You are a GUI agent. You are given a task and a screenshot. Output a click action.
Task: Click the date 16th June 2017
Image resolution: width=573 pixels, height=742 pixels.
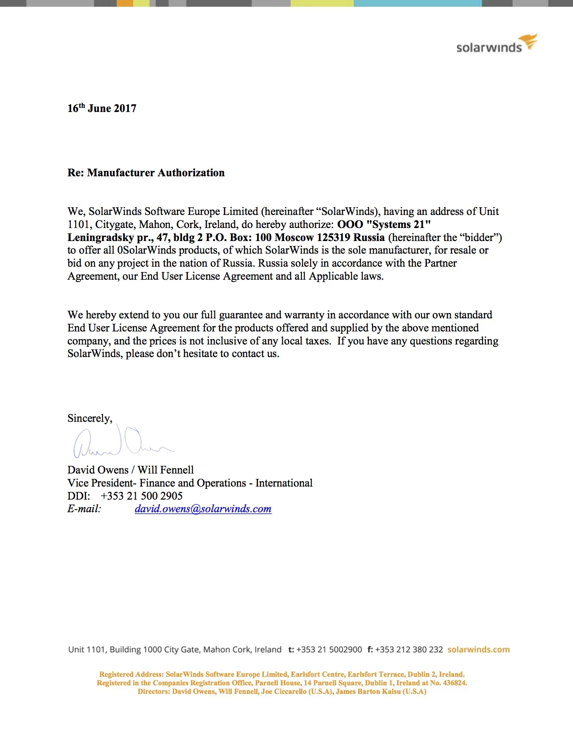pyautogui.click(x=102, y=108)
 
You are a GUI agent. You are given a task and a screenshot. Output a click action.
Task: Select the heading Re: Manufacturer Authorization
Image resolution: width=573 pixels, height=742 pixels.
pyautogui.click(x=146, y=173)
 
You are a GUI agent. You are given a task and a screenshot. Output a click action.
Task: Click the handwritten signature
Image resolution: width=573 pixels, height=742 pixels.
pyautogui.click(x=121, y=442)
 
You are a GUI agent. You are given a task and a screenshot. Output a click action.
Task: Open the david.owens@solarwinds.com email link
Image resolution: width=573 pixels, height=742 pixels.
pyautogui.click(x=203, y=509)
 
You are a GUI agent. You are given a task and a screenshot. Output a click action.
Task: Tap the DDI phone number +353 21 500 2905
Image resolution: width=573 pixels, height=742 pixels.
pyautogui.click(x=142, y=496)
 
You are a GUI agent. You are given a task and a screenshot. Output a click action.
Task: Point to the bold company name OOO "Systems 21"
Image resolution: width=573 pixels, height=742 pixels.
pyautogui.click(x=384, y=224)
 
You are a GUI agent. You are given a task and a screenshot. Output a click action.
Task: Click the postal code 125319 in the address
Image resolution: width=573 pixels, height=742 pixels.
pyautogui.click(x=333, y=237)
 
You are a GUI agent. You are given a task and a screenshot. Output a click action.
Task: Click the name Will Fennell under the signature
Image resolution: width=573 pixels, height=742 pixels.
pyautogui.click(x=165, y=470)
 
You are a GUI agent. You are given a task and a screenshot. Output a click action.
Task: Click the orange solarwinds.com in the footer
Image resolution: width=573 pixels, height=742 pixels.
pyautogui.click(x=479, y=649)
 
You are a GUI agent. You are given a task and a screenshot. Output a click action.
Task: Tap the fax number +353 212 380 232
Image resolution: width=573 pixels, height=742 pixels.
pyautogui.click(x=409, y=649)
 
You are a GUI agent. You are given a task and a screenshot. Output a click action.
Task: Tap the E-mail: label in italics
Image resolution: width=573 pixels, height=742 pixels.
pyautogui.click(x=84, y=509)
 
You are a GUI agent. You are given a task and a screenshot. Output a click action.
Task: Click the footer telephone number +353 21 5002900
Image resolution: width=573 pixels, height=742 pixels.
pyautogui.click(x=329, y=649)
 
